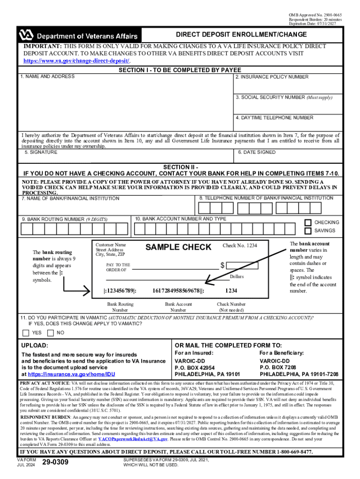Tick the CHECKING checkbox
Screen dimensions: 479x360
click(x=308, y=223)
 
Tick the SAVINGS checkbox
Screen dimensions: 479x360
click(x=308, y=231)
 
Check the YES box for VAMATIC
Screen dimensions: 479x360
click(x=26, y=333)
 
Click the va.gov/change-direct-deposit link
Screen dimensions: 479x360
click(x=77, y=61)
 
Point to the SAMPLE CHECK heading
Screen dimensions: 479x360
click(x=178, y=247)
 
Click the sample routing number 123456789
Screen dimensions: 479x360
click(x=120, y=290)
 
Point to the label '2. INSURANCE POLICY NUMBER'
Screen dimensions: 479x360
click(x=272, y=77)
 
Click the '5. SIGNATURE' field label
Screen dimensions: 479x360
click(x=41, y=152)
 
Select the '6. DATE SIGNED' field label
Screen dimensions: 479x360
click(x=257, y=152)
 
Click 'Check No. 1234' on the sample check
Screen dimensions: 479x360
click(x=239, y=246)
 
